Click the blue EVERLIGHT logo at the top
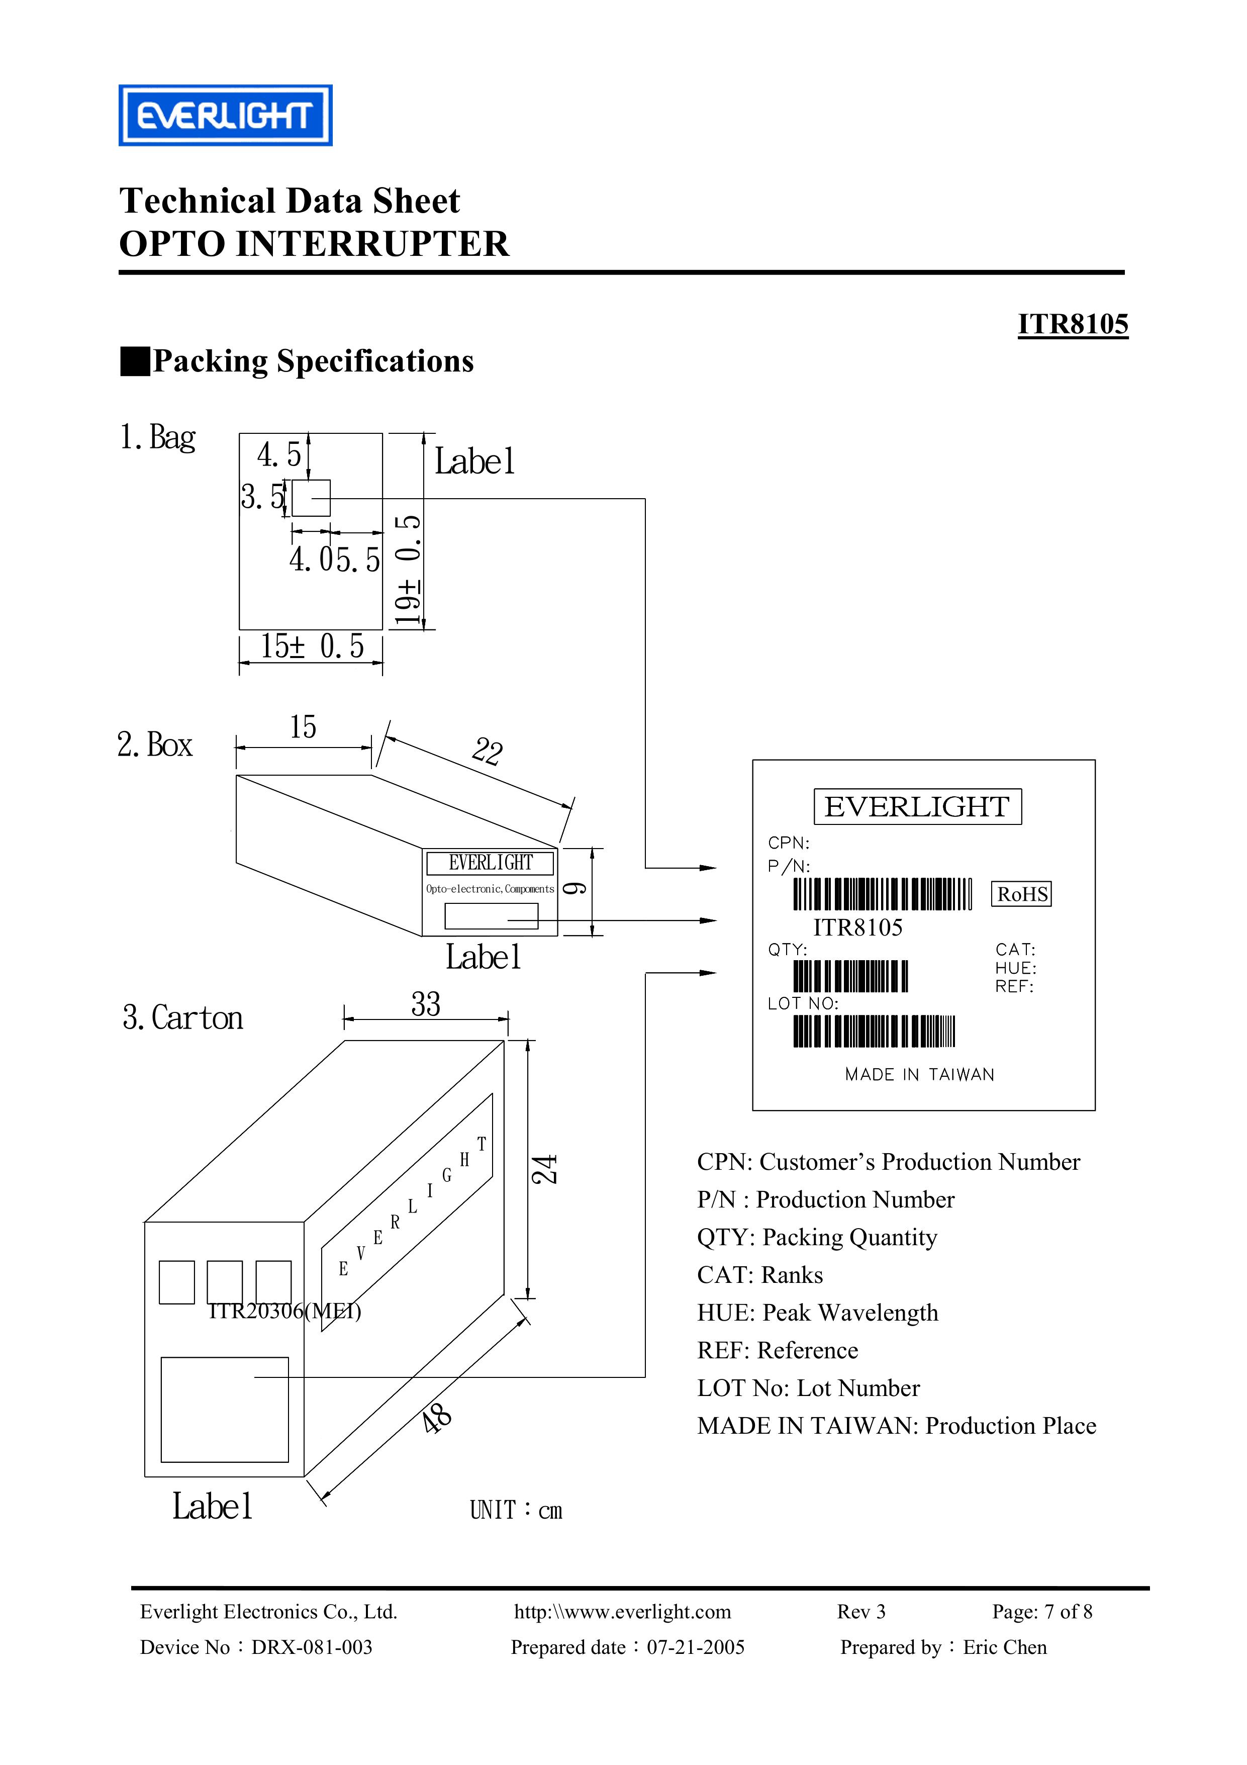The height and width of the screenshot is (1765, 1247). [225, 115]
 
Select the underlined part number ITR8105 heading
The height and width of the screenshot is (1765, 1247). [1073, 324]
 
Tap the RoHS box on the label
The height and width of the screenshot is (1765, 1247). [1022, 894]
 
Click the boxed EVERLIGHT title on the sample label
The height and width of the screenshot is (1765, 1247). [917, 806]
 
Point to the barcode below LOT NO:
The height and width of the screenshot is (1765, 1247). [874, 1031]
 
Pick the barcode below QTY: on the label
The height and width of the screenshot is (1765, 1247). [850, 976]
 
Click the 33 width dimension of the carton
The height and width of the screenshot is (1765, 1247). [426, 1004]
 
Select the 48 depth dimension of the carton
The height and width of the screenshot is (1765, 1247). [437, 1418]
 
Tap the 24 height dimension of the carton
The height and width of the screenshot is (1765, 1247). [545, 1169]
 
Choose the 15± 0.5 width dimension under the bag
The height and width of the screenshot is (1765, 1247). [312, 646]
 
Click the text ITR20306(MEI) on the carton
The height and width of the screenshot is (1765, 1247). [285, 1311]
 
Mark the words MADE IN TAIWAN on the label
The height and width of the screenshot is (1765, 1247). [919, 1075]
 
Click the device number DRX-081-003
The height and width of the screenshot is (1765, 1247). [312, 1647]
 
